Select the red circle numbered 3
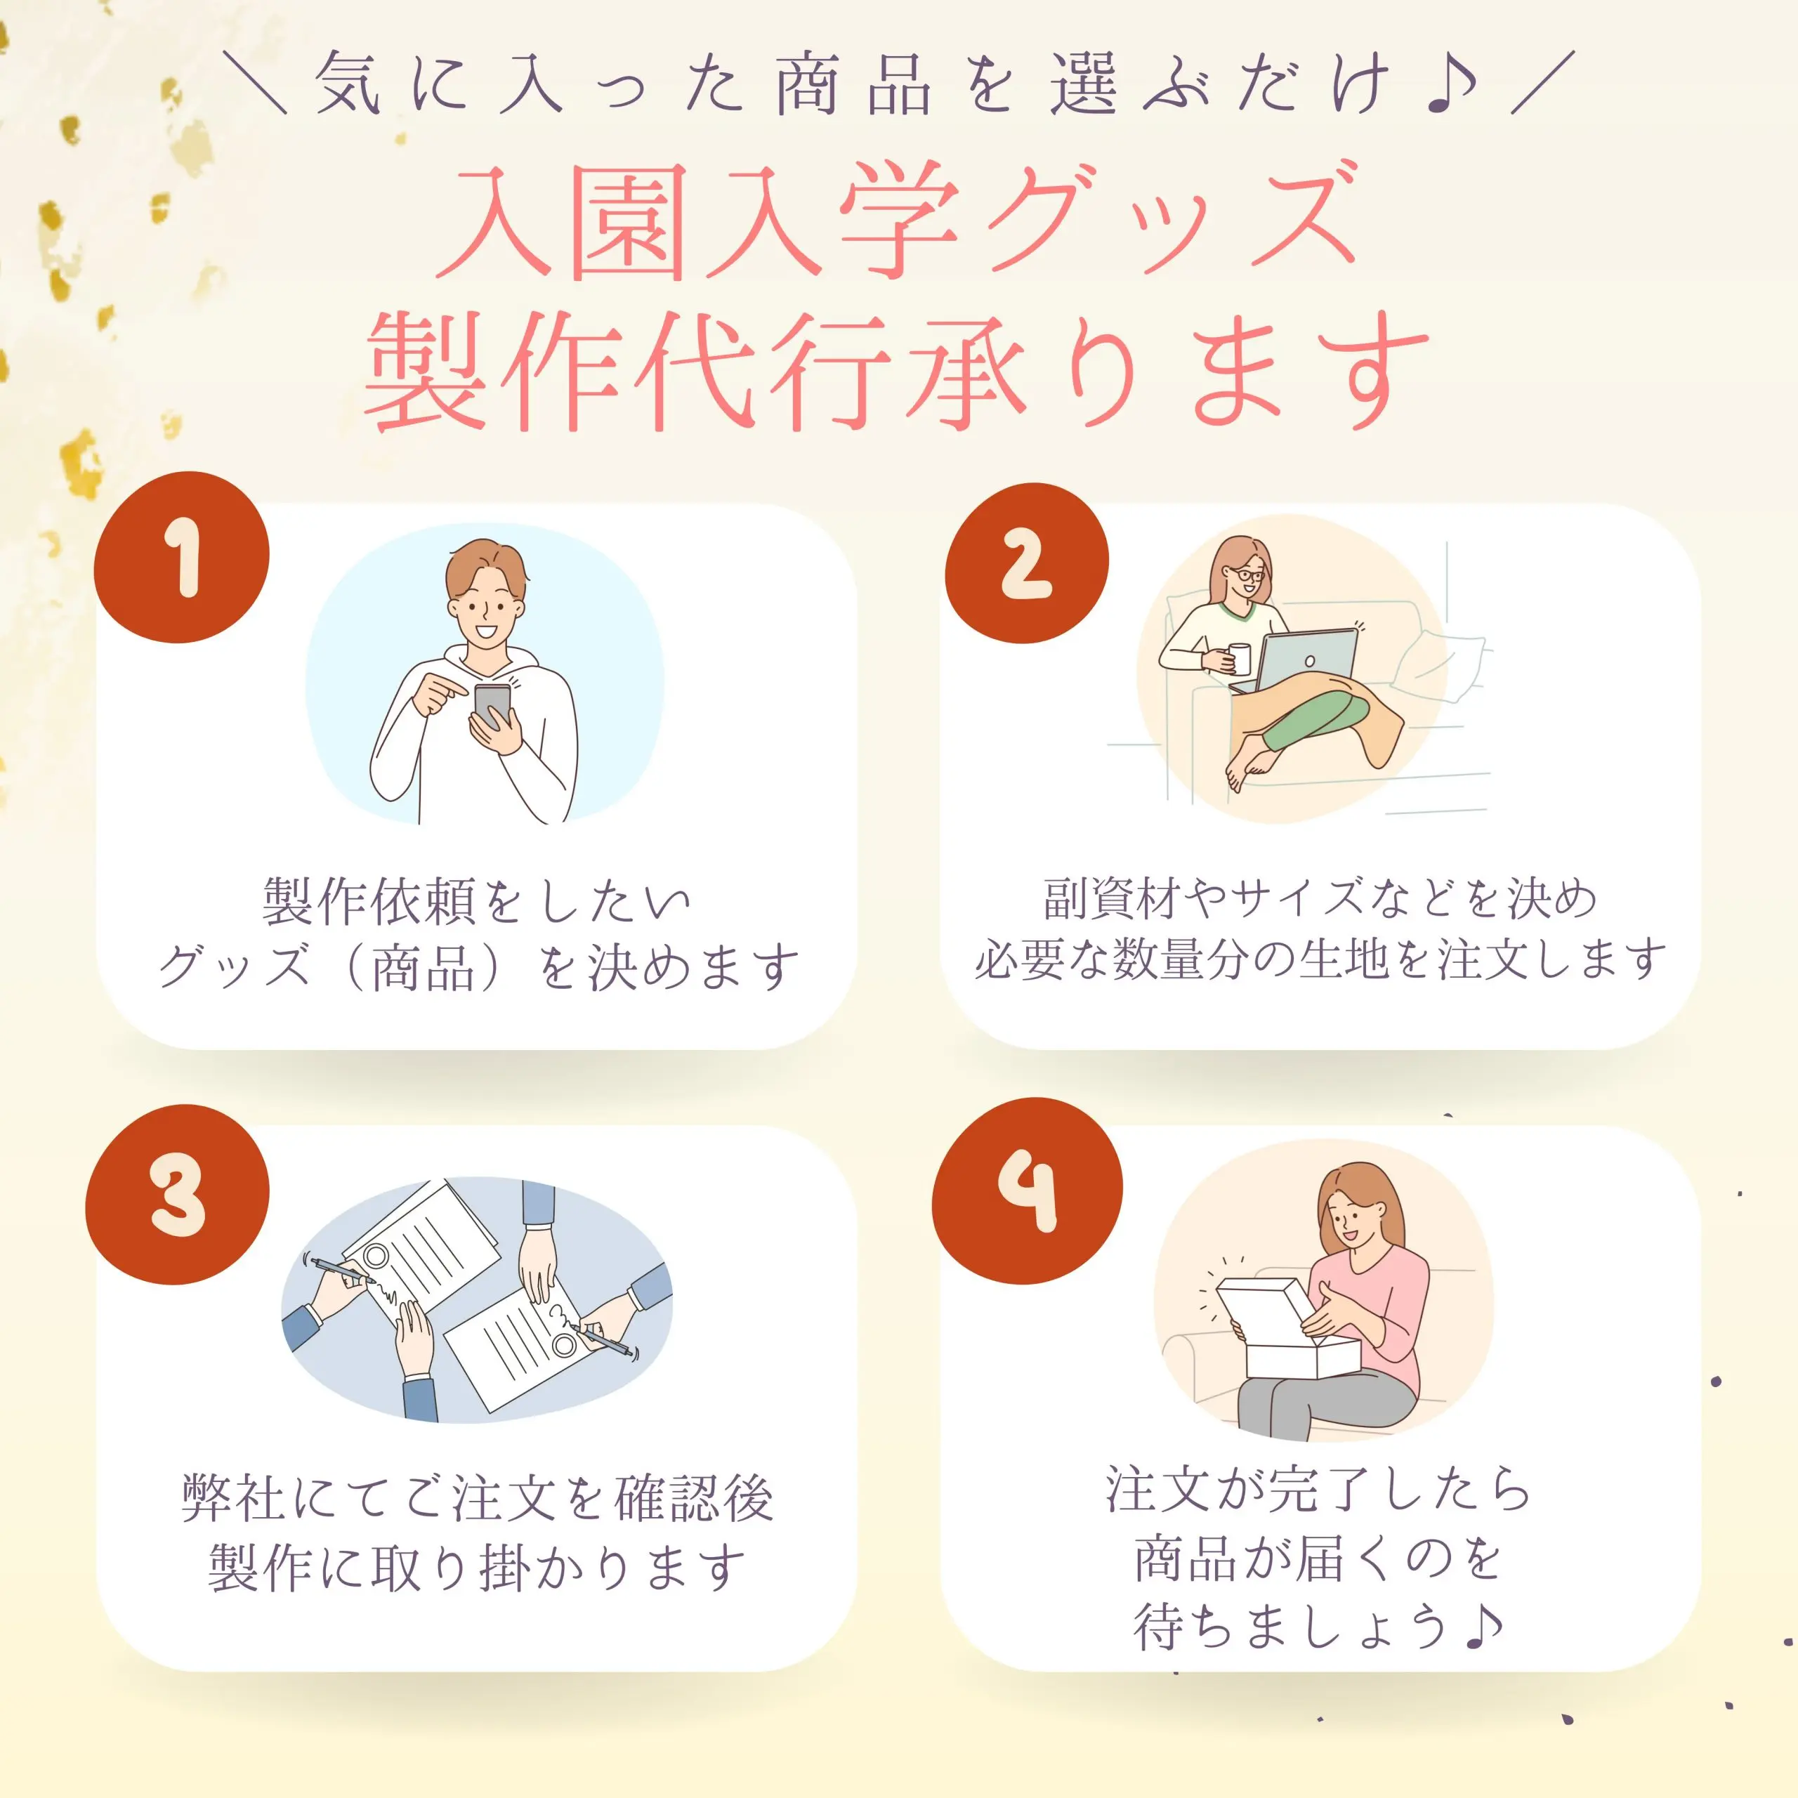pyautogui.click(x=177, y=1194)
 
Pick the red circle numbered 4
pyautogui.click(x=1027, y=1190)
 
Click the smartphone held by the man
pyautogui.click(x=492, y=704)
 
